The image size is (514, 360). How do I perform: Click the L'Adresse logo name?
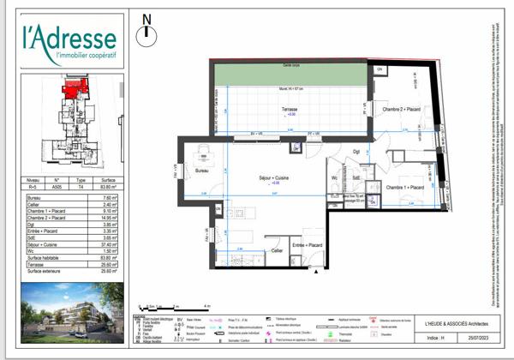[x=71, y=39]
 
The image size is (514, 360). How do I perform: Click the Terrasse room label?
[x=290, y=109]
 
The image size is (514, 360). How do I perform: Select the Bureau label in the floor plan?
[x=203, y=172]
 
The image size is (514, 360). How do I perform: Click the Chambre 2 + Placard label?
[x=401, y=110]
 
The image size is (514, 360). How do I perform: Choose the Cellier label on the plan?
[x=277, y=250]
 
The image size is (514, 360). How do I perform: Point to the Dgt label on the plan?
[x=356, y=152]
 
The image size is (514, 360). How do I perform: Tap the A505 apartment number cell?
[x=57, y=185]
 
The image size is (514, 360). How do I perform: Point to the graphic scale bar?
[x=175, y=306]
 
